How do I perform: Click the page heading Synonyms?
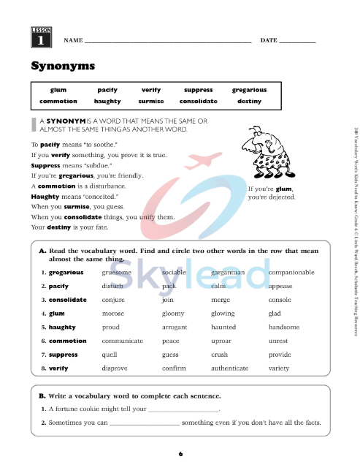tap(63, 66)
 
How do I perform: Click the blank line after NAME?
tap(167, 42)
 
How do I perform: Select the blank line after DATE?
tap(297, 42)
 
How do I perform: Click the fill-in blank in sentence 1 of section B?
tap(183, 410)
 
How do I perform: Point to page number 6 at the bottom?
tap(180, 454)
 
